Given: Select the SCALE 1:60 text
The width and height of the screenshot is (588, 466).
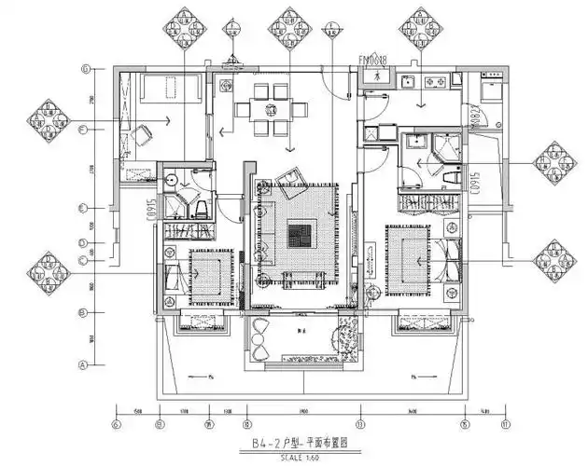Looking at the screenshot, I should click(x=293, y=458).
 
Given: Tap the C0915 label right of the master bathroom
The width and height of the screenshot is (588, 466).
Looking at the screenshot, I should click(x=475, y=183).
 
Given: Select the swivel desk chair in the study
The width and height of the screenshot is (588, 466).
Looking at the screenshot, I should click(x=143, y=136).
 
